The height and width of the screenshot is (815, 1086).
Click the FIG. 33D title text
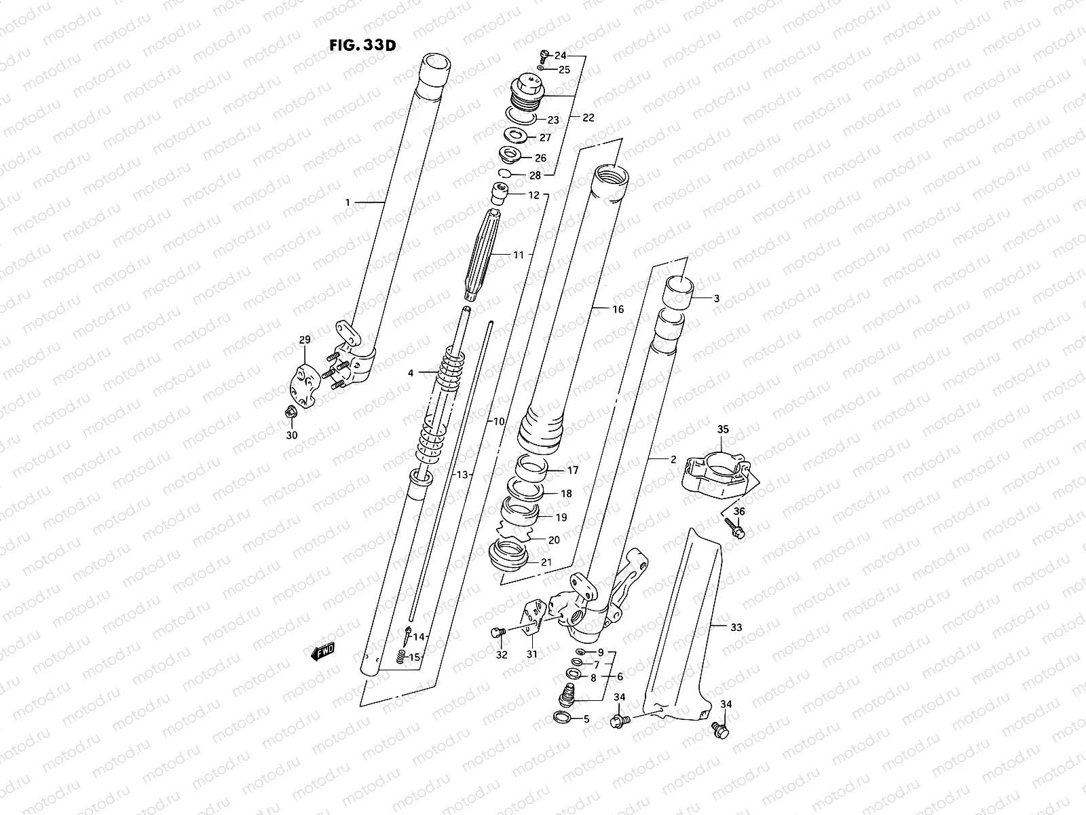tap(362, 46)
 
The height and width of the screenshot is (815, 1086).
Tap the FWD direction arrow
tap(323, 652)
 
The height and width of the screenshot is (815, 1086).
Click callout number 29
tap(304, 339)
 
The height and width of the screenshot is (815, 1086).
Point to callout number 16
tap(617, 309)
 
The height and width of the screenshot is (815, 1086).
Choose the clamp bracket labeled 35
tap(717, 472)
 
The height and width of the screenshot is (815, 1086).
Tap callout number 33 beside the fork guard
tap(736, 627)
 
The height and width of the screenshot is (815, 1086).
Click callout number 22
tap(588, 117)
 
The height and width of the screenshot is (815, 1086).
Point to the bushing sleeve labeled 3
tap(677, 290)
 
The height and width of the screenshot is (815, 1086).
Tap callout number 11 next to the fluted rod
tap(519, 255)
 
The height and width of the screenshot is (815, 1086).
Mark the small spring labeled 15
tap(402, 657)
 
